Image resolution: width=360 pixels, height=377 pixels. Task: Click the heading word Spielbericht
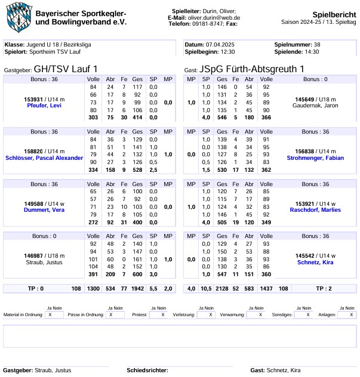(334, 14)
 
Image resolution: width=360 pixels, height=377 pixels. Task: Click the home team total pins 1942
(138, 289)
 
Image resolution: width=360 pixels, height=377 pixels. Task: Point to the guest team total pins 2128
(222, 289)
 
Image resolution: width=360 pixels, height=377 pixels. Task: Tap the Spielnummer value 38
(317, 45)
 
